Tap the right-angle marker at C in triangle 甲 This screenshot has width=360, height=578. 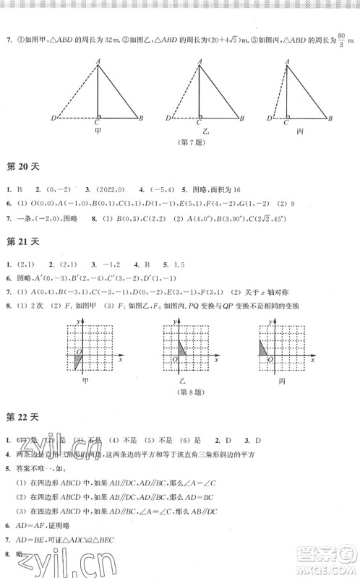point(100,116)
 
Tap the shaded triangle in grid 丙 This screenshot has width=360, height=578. point(264,348)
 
